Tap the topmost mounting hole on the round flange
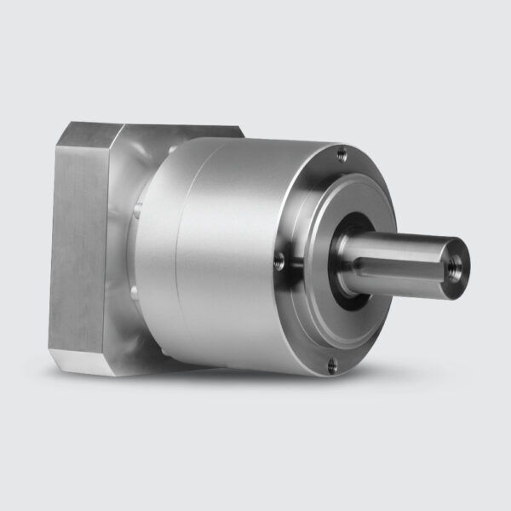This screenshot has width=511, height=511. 342,154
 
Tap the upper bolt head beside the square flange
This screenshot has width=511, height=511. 137,207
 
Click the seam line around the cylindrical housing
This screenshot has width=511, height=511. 176,247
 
